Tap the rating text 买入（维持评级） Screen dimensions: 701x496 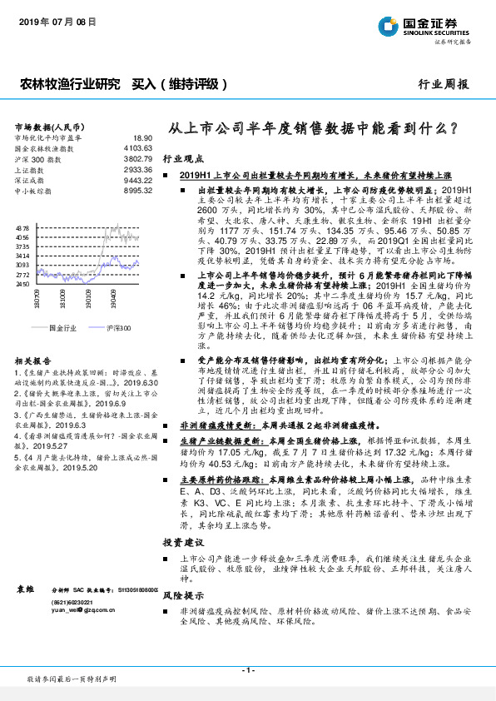tap(180, 83)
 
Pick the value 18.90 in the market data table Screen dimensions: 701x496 tap(142, 137)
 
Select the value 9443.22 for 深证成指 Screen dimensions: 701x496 tap(138, 180)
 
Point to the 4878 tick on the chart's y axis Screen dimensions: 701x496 tap(22, 226)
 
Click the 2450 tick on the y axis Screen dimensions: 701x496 tap(22, 284)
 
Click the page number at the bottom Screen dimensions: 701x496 tap(247, 670)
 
